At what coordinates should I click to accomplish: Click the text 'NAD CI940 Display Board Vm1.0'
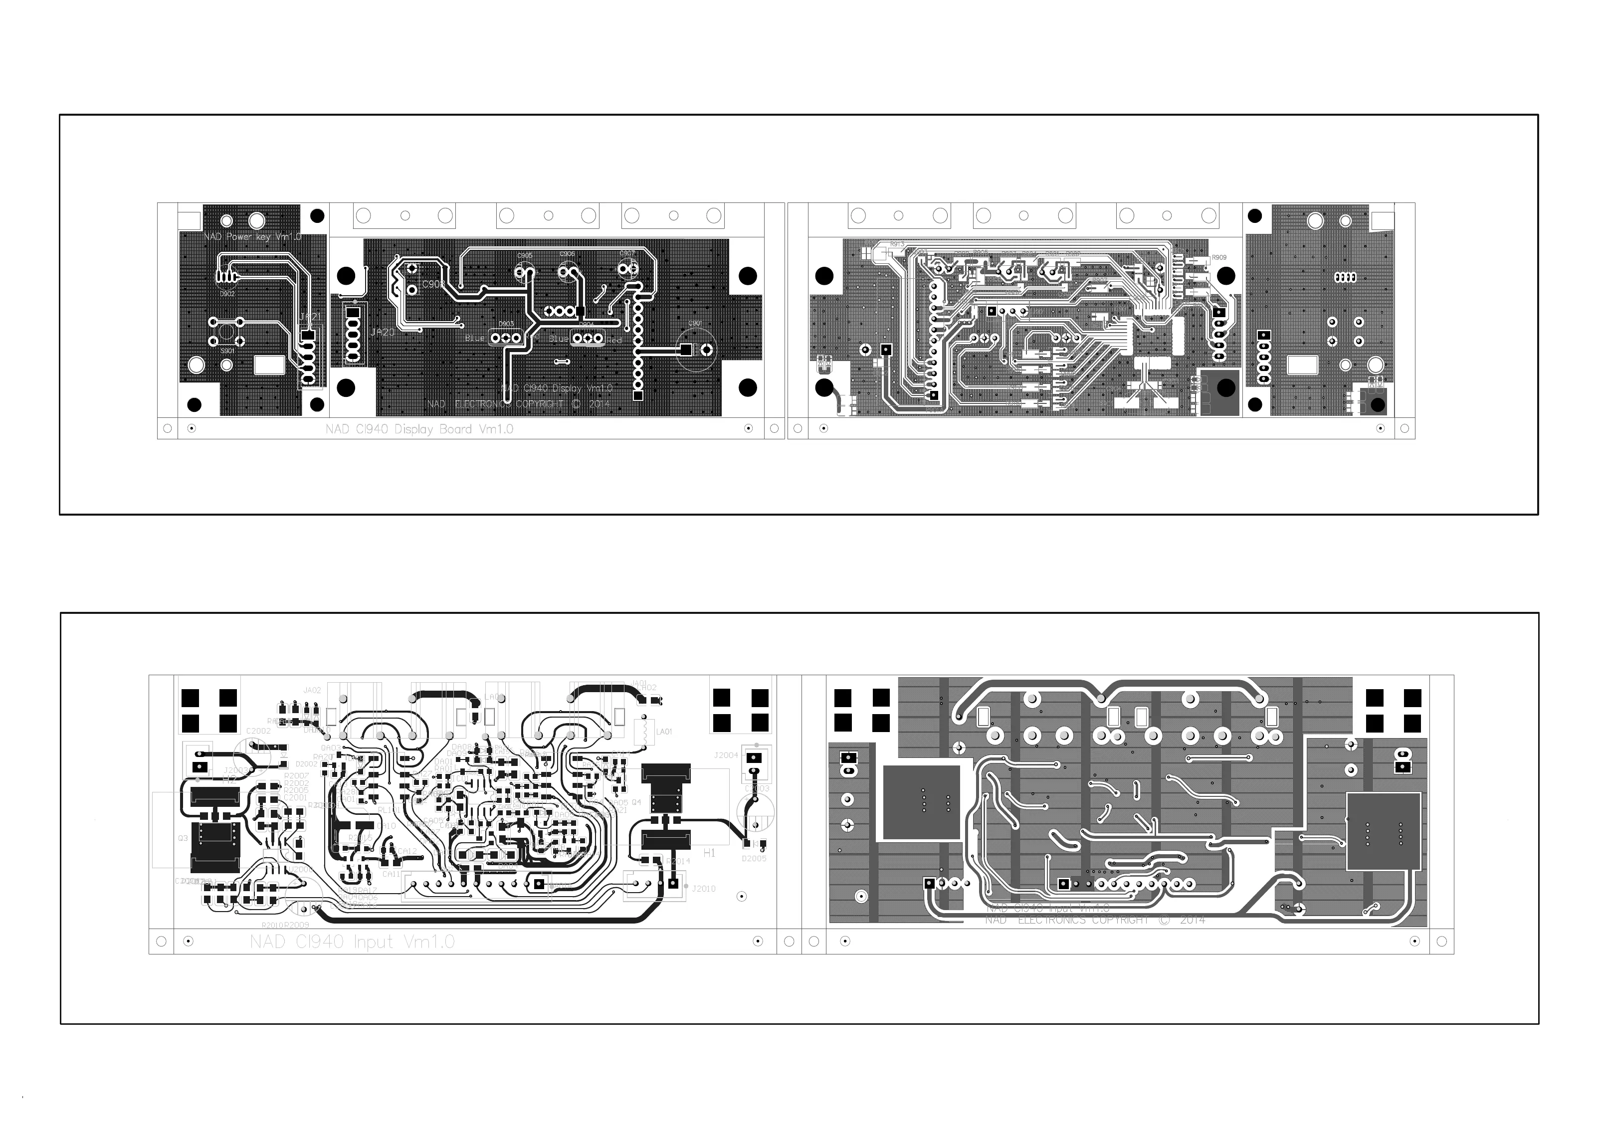[419, 429]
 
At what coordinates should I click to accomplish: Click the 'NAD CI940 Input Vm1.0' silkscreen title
[352, 942]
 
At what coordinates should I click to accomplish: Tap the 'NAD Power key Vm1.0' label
[252, 237]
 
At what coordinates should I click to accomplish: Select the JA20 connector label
[382, 333]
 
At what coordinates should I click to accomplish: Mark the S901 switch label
[227, 351]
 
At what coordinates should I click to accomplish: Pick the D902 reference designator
[227, 294]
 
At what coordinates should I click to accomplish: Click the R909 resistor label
[1218, 258]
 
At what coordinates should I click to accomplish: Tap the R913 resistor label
[897, 245]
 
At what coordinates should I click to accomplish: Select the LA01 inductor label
[664, 732]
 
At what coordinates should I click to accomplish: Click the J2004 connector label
[725, 755]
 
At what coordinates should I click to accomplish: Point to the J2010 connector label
[704, 889]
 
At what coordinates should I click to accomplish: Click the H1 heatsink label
[709, 853]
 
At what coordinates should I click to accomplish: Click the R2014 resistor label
[678, 862]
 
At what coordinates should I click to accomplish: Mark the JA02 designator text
[312, 691]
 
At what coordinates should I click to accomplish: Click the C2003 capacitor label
[757, 789]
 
